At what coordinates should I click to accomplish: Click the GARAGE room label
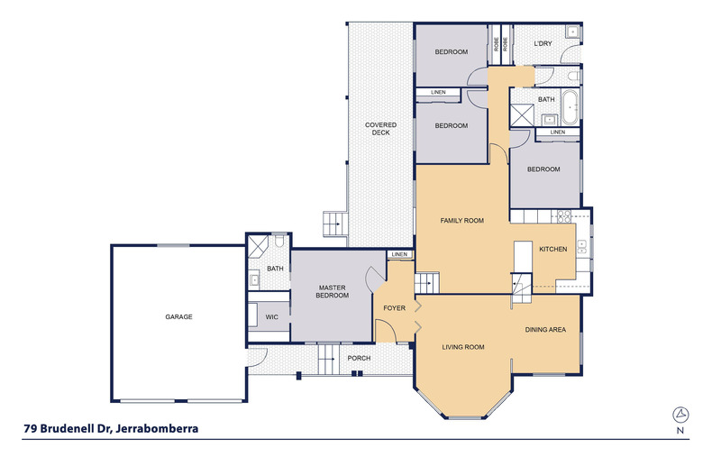(x=178, y=317)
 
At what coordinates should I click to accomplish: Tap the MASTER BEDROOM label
(x=333, y=291)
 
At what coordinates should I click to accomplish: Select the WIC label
(x=271, y=317)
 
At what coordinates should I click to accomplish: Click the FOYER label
(x=394, y=308)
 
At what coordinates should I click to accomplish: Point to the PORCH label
(x=359, y=359)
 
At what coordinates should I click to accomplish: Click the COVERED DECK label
(x=380, y=129)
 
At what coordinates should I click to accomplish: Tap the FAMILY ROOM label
(x=461, y=221)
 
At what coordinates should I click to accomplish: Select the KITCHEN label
(x=553, y=250)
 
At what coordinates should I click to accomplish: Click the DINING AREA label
(x=545, y=330)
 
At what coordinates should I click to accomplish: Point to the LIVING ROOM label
(x=463, y=347)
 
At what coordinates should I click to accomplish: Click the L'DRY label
(x=543, y=43)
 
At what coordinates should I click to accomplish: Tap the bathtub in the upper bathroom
(x=570, y=107)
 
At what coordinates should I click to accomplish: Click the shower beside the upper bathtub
(x=522, y=114)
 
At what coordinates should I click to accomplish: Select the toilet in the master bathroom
(x=279, y=240)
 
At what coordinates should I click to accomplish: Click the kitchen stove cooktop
(x=564, y=216)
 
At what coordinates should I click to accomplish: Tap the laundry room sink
(x=572, y=32)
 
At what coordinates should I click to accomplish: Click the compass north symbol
(x=680, y=415)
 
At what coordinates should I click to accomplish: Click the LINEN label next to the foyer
(x=399, y=254)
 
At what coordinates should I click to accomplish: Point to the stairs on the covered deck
(x=335, y=224)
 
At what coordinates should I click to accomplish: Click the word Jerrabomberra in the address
(x=157, y=429)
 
